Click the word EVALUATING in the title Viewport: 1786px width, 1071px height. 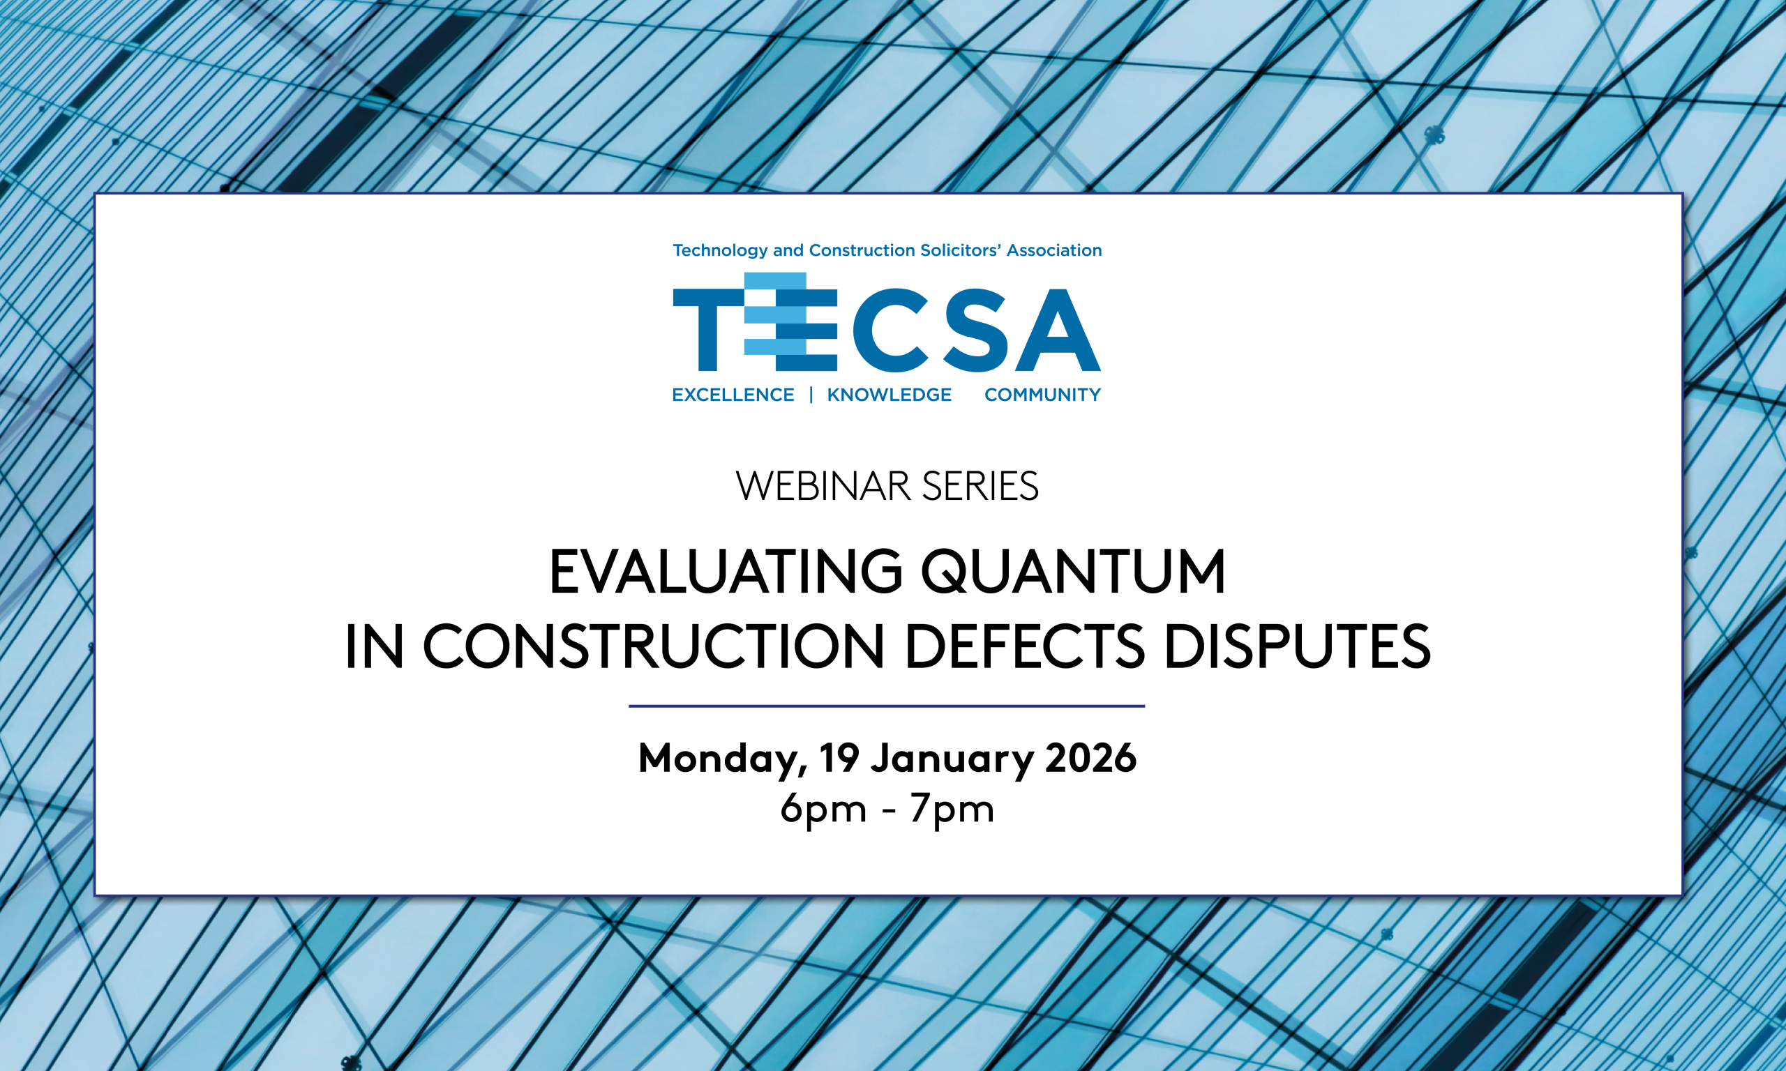tap(726, 572)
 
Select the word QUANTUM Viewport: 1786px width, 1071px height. tap(1074, 572)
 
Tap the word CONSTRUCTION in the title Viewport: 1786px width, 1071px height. tap(653, 646)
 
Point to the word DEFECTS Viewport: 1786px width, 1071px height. tap(1024, 646)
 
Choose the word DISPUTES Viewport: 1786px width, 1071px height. tap(1297, 646)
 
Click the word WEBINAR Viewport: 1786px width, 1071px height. tap(823, 486)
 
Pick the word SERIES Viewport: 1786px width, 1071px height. tap(980, 486)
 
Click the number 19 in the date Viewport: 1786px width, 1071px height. tap(839, 758)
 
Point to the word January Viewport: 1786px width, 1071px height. tap(952, 760)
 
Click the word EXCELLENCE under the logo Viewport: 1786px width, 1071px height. tap(733, 395)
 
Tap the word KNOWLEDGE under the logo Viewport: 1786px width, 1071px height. tap(890, 395)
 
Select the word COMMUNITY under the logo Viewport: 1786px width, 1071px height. tap(1042, 395)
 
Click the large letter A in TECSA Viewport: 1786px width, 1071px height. tap(1058, 330)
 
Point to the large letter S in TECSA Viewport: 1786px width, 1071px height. tap(976, 330)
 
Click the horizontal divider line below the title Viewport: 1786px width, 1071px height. tap(887, 706)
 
